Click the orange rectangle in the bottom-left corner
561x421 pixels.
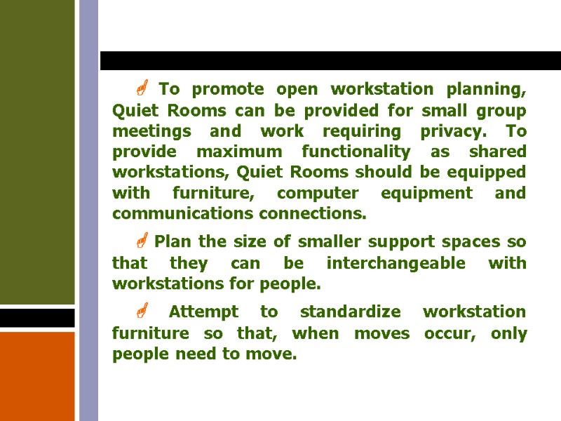[37, 376]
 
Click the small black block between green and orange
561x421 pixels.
[37, 318]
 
